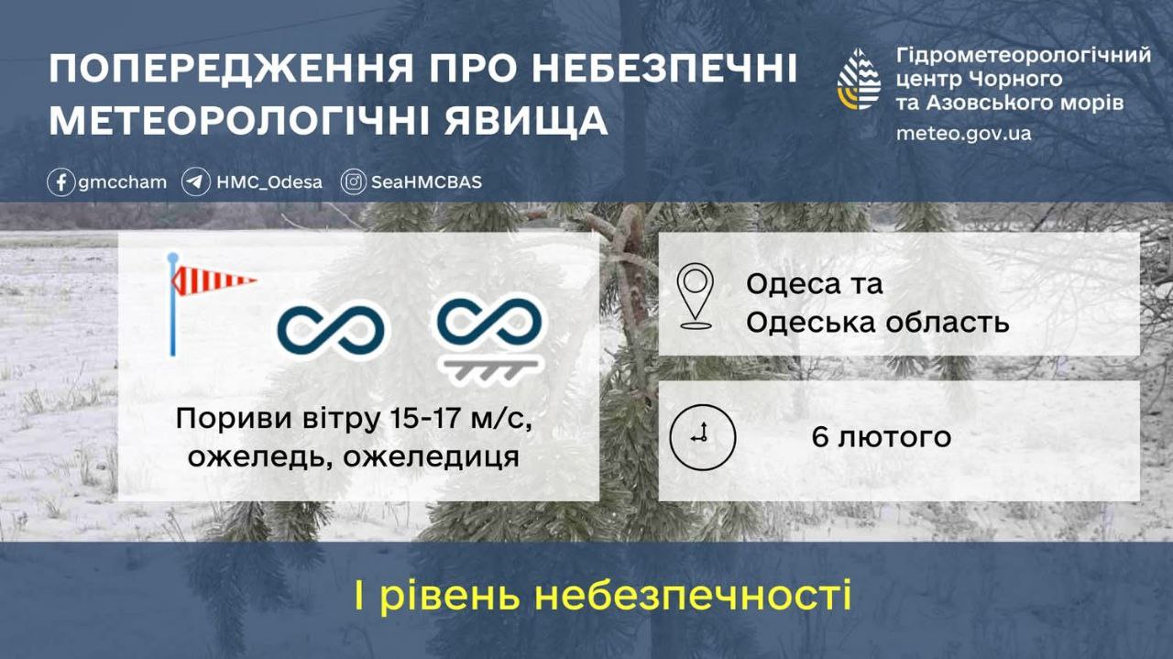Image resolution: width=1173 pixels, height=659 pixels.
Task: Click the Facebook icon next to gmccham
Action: pyautogui.click(x=60, y=182)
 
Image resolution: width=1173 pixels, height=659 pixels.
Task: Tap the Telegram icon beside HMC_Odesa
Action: pyautogui.click(x=195, y=182)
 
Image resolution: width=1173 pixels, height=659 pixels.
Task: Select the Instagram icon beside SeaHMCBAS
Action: pyautogui.click(x=354, y=182)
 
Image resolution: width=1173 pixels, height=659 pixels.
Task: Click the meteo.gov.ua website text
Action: pyautogui.click(x=963, y=134)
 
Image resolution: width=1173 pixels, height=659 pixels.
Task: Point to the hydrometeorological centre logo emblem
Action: pyautogui.click(x=859, y=79)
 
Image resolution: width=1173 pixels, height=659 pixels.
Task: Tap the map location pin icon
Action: pyautogui.click(x=696, y=295)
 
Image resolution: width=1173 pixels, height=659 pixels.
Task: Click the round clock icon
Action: pyautogui.click(x=702, y=436)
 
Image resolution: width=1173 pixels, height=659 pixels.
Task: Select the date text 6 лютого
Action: pyautogui.click(x=881, y=437)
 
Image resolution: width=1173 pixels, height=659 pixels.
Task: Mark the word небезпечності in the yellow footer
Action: pyautogui.click(x=693, y=596)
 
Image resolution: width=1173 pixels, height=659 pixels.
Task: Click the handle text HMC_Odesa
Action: pyautogui.click(x=269, y=182)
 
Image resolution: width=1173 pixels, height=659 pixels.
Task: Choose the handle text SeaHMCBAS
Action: pyautogui.click(x=426, y=182)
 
